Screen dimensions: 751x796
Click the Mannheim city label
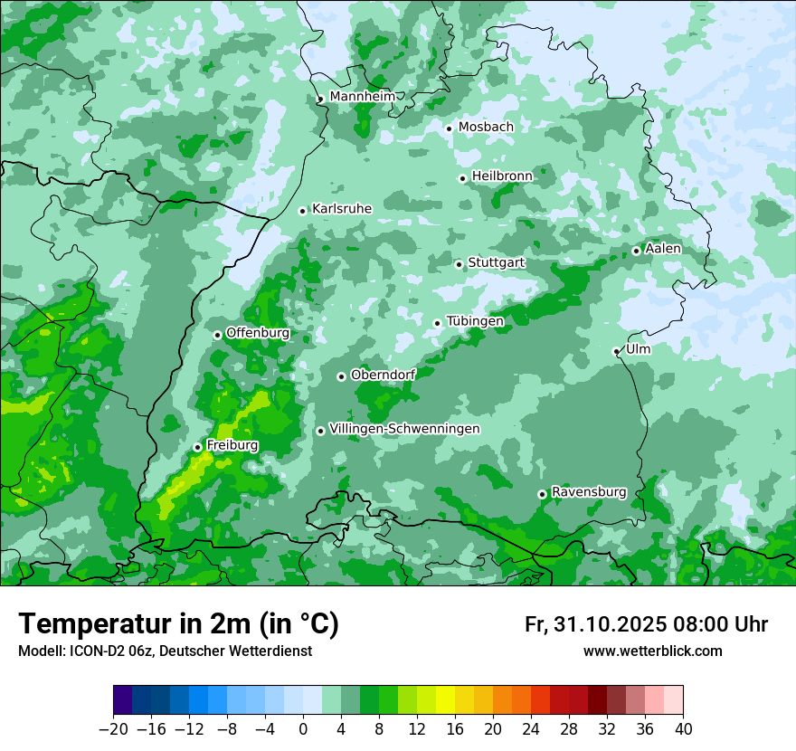(361, 96)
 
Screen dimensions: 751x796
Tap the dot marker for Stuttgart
(459, 264)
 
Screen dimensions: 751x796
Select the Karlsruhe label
(341, 209)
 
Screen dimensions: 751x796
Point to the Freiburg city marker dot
(197, 447)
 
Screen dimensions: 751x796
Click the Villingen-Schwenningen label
(404, 429)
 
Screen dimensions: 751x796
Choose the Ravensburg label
(588, 492)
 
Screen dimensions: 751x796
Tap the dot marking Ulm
(616, 351)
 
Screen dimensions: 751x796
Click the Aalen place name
(663, 249)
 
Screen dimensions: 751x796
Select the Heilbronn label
(501, 176)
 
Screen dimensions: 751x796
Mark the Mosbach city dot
(449, 128)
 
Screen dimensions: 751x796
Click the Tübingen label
(475, 321)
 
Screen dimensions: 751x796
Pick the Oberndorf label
(383, 375)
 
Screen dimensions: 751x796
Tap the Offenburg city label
(257, 333)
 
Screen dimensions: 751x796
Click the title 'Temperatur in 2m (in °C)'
(178, 623)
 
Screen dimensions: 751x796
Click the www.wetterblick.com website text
(652, 651)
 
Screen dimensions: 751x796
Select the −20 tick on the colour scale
(113, 729)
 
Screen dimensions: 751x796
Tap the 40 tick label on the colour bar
(683, 729)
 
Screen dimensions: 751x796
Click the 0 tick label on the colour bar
(303, 729)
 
